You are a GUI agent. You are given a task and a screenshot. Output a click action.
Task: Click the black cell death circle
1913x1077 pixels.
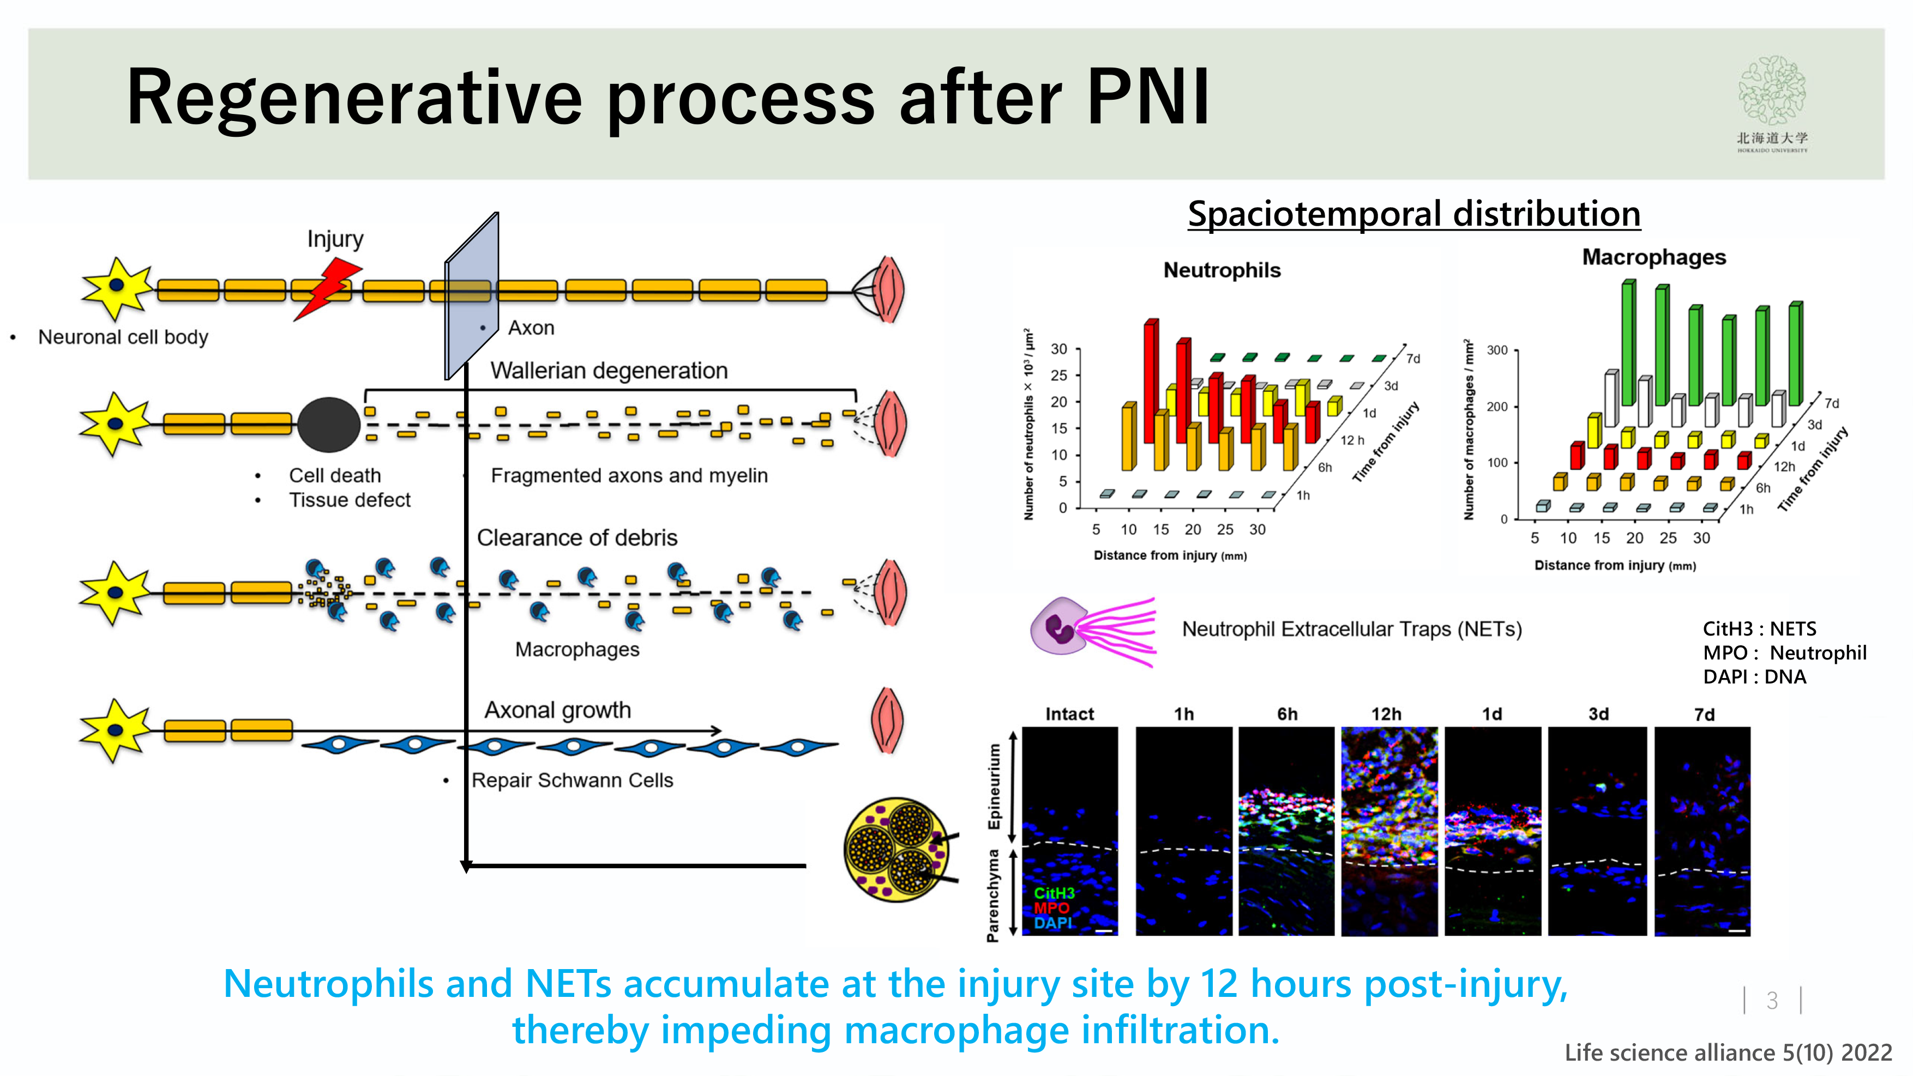click(x=328, y=425)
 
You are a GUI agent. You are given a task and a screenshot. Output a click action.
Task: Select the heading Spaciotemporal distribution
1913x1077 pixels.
click(x=1413, y=215)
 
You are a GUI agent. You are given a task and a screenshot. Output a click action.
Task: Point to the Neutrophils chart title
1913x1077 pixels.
click(x=1222, y=270)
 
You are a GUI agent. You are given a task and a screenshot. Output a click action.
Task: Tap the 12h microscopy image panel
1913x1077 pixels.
click(x=1389, y=831)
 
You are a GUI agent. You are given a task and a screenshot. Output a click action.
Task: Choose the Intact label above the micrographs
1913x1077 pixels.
click(x=1069, y=714)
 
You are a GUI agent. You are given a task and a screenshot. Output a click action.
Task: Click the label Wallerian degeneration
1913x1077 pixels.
click(x=608, y=371)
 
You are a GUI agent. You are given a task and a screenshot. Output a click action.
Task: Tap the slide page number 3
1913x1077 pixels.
click(x=1771, y=1001)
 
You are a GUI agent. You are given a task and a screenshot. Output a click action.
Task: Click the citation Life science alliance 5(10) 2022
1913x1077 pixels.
click(x=1728, y=1052)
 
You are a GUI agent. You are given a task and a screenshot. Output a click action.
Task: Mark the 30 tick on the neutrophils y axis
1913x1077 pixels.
click(x=1058, y=349)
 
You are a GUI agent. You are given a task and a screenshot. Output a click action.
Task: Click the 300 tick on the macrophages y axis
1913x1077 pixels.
click(x=1496, y=350)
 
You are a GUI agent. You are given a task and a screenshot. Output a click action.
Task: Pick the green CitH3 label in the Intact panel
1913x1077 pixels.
click(x=1054, y=893)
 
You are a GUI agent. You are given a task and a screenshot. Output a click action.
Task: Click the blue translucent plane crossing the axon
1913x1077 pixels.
click(x=471, y=297)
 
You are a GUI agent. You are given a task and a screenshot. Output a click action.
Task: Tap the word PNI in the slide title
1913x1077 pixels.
click(x=1147, y=97)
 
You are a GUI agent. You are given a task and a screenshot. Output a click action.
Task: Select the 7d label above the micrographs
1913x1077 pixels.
click(x=1704, y=715)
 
